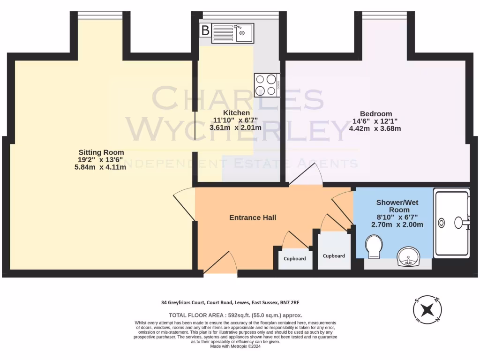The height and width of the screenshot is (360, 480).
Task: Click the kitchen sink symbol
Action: click(x=232, y=33)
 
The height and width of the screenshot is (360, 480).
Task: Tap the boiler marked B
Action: click(x=205, y=31)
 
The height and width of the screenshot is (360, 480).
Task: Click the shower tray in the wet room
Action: click(x=451, y=223)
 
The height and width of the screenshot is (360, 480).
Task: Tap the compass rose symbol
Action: click(x=427, y=310)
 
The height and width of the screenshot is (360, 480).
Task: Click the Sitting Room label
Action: click(x=101, y=152)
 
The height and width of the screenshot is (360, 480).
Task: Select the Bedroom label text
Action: click(x=375, y=114)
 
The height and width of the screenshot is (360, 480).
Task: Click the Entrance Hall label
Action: click(x=253, y=217)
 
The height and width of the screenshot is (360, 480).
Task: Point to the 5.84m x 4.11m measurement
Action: click(x=101, y=167)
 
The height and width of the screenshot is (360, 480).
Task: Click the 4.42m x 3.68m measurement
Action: click(x=375, y=128)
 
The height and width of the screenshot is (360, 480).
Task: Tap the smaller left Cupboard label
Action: click(x=295, y=259)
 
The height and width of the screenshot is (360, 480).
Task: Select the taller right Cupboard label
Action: click(x=334, y=256)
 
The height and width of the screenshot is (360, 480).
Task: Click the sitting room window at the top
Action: click(x=99, y=16)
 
